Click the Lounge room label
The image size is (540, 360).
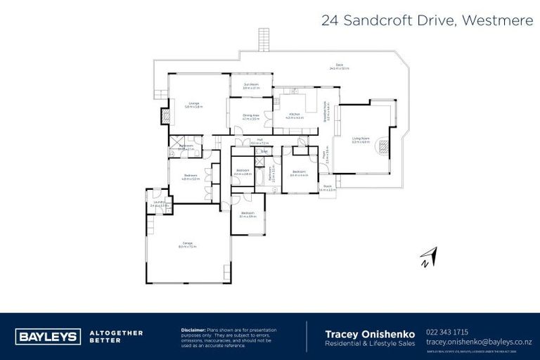(193, 105)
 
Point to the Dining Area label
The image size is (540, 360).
(251, 117)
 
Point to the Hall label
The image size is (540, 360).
(259, 141)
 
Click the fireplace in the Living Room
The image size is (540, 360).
(383, 147)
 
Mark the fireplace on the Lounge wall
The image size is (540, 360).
(167, 115)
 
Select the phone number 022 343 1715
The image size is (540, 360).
(447, 331)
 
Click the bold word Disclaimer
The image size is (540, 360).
(193, 329)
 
